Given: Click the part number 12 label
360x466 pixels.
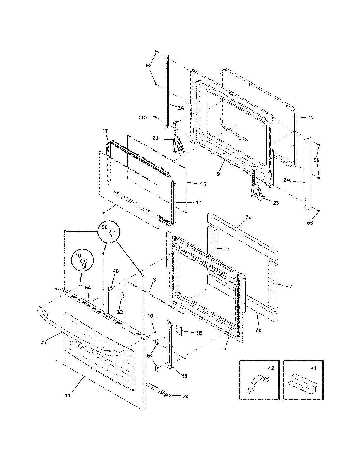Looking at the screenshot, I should click(311, 117).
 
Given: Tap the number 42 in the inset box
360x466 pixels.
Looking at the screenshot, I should click(271, 368).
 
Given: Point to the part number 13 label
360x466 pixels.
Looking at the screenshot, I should click(67, 396).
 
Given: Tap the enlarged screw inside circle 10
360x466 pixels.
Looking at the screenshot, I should click(84, 264).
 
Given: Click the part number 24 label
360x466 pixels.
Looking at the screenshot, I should click(186, 396).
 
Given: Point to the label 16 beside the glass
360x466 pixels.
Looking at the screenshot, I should click(203, 184).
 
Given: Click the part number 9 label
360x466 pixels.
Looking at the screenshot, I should click(218, 174).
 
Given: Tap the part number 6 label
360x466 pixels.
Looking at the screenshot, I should click(225, 349).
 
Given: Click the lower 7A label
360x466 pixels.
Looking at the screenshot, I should click(258, 330).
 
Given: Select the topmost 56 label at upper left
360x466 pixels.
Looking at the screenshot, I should click(149, 65).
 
